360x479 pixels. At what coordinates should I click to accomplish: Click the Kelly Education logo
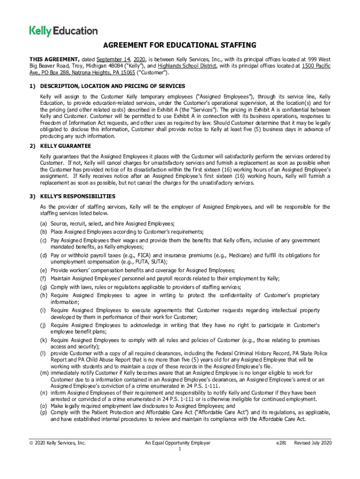click(x=64, y=31)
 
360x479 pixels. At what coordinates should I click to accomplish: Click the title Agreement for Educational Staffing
click(x=180, y=45)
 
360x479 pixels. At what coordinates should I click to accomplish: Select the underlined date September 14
click(x=113, y=59)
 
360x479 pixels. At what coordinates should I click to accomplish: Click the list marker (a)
click(x=43, y=224)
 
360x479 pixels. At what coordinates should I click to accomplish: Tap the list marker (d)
click(x=43, y=255)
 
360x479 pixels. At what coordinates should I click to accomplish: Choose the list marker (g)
click(x=43, y=287)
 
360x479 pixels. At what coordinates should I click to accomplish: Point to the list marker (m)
click(x=44, y=373)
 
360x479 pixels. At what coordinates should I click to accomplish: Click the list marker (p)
click(x=43, y=412)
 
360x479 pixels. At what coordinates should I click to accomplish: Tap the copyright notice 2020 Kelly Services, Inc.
click(x=58, y=443)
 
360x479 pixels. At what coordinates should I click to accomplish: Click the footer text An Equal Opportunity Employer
click(x=177, y=443)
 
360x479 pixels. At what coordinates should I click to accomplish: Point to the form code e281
click(x=283, y=443)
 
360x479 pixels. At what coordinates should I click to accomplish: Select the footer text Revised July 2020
click(x=312, y=443)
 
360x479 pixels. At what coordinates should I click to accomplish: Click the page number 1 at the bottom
click(x=180, y=450)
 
